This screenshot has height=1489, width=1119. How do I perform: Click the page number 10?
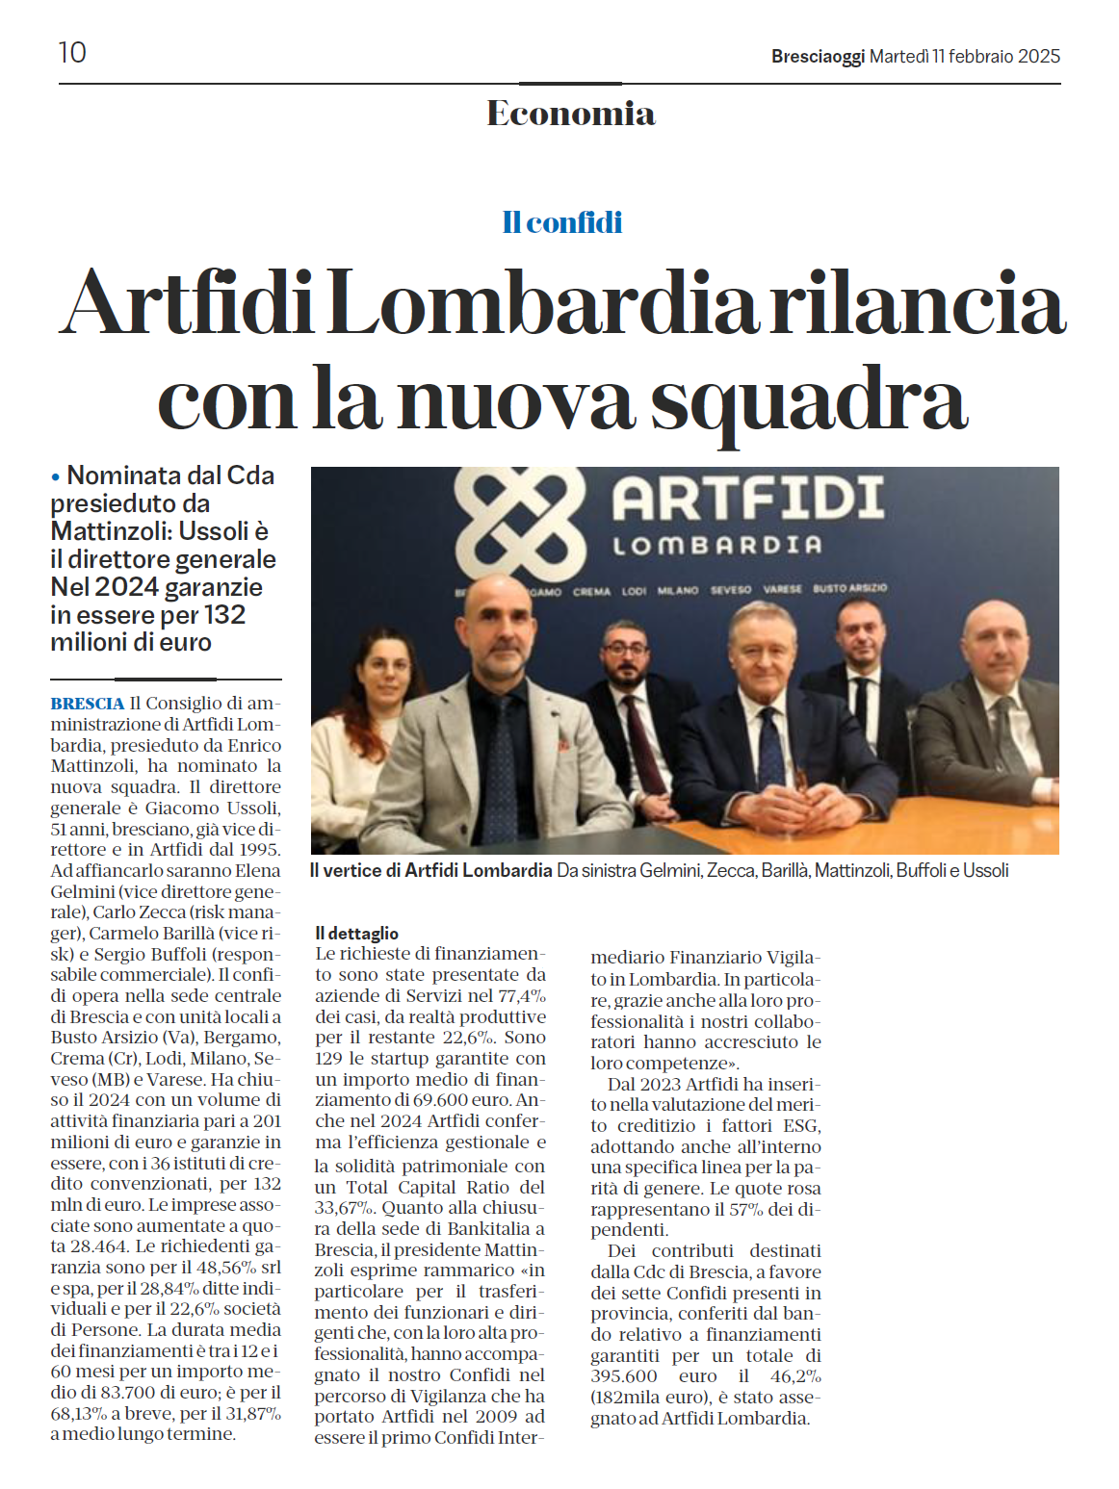click(x=72, y=52)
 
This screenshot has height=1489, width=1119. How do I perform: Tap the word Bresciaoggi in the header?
click(x=818, y=57)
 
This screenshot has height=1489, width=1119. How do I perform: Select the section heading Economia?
click(x=570, y=114)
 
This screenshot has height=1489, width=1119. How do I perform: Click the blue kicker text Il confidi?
click(x=561, y=222)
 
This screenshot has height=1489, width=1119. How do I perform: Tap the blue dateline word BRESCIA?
click(x=88, y=704)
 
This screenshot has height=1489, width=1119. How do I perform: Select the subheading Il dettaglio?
click(x=356, y=933)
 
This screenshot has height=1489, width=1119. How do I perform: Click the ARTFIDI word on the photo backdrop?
click(x=748, y=499)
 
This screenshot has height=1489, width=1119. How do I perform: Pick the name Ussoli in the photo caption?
click(x=985, y=870)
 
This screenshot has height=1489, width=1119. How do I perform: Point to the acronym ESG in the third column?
click(x=801, y=1125)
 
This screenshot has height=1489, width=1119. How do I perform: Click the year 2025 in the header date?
click(x=1038, y=57)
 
